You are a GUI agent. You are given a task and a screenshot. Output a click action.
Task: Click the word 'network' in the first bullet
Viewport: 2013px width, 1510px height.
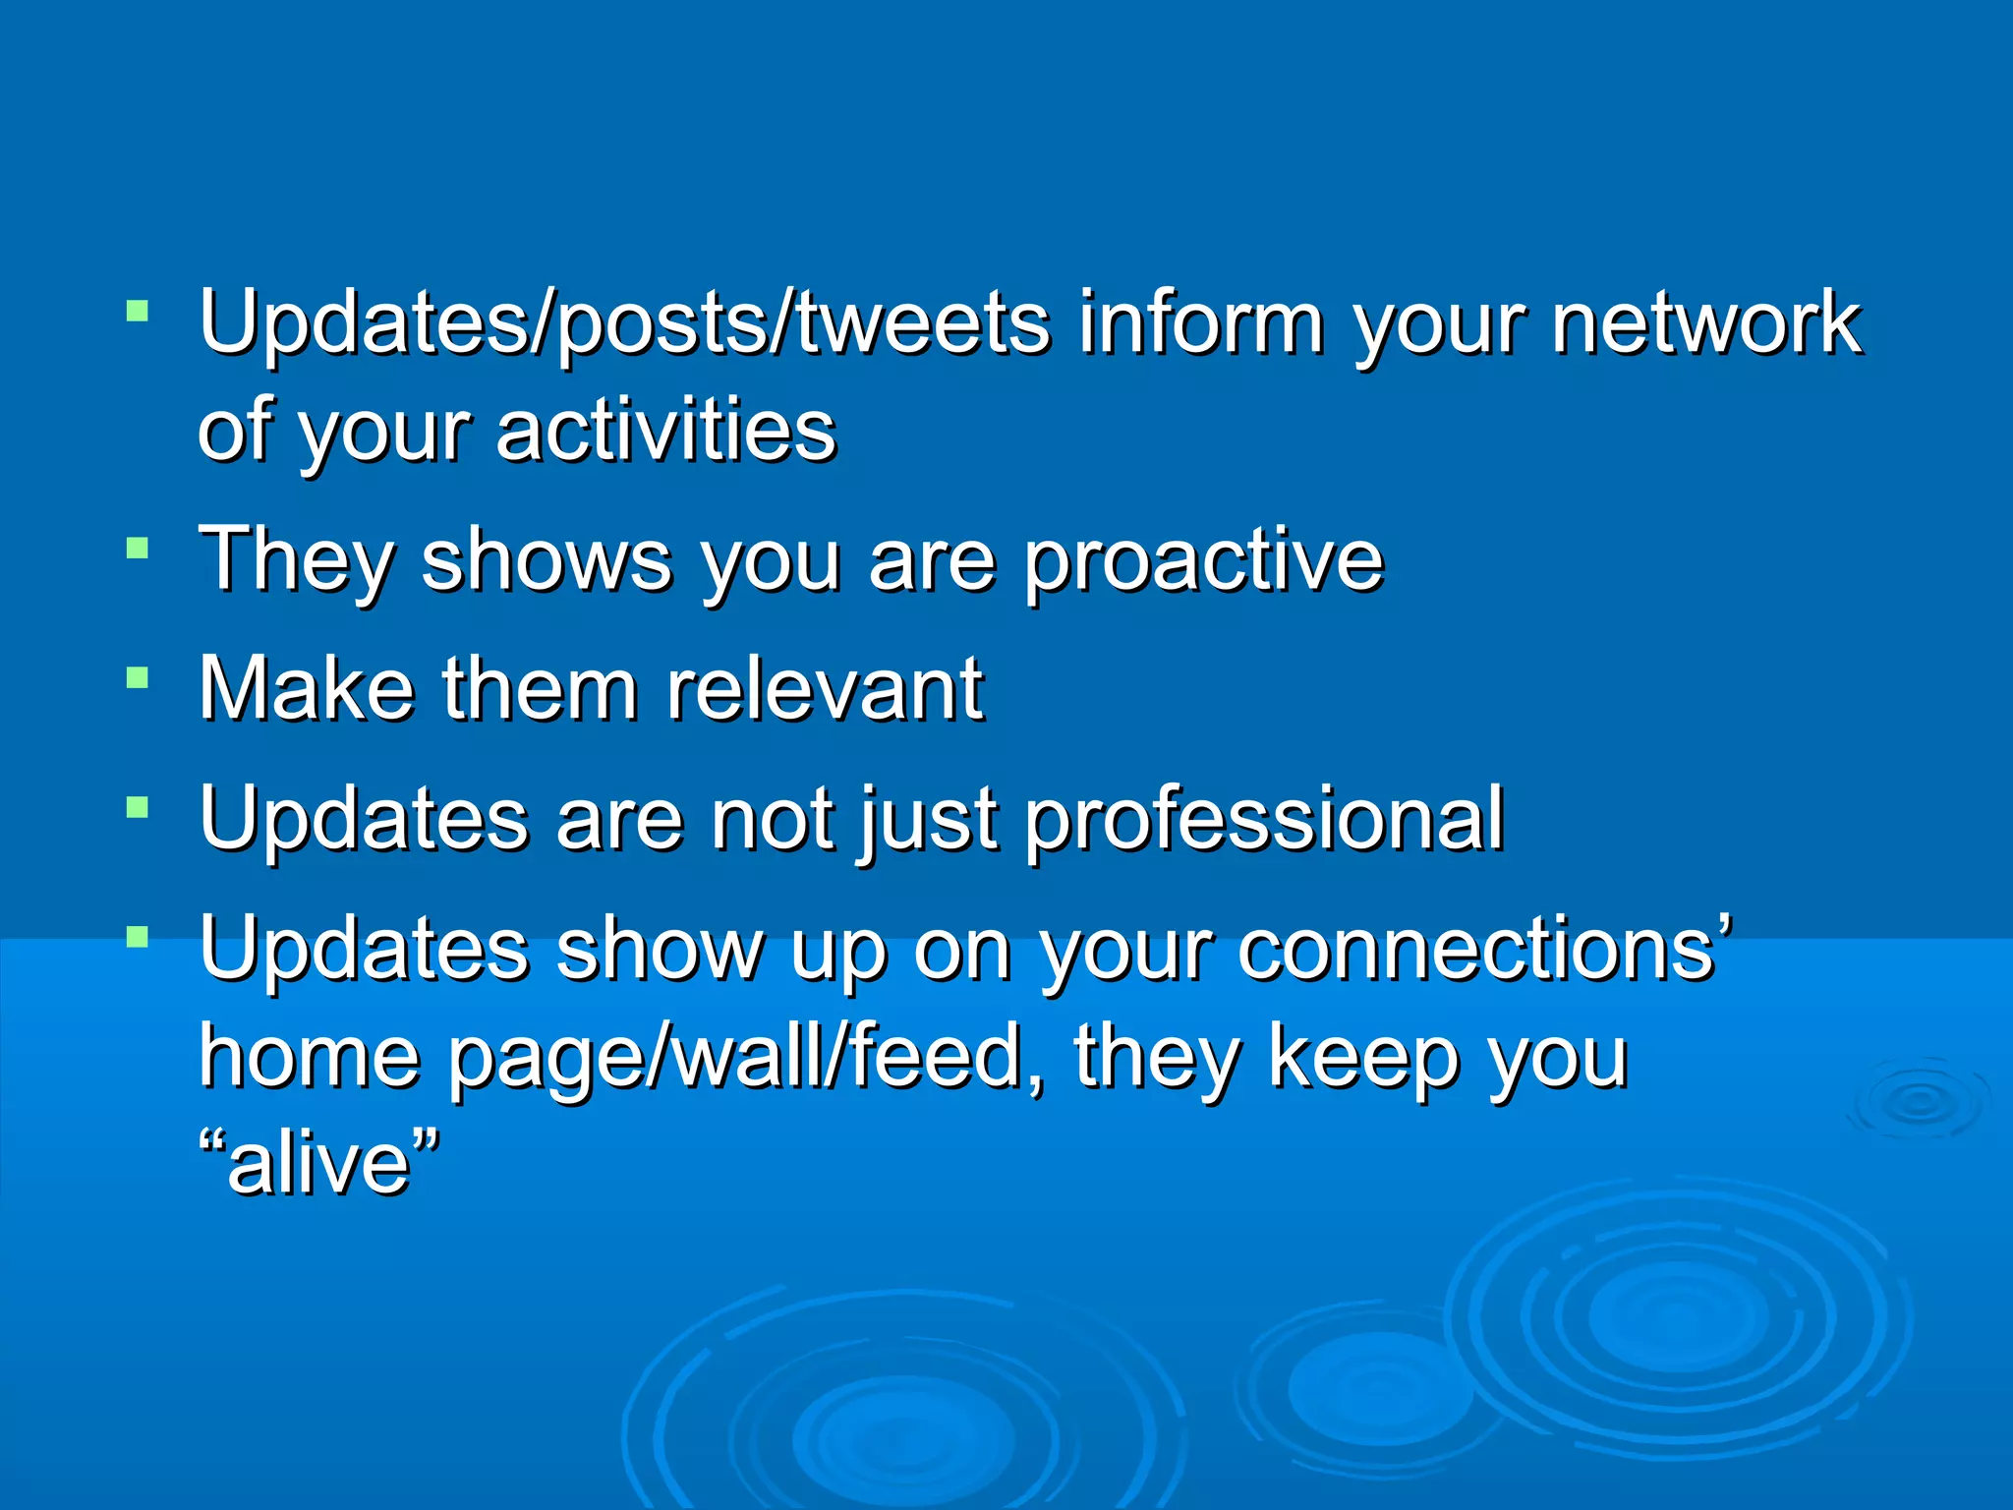[x=1705, y=324]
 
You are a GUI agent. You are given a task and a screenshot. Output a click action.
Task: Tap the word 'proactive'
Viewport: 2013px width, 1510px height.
[x=1204, y=560]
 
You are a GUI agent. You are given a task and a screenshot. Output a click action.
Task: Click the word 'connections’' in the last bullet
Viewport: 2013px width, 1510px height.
[x=1484, y=949]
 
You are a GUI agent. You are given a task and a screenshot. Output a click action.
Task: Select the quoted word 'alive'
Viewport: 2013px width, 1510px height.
[x=317, y=1165]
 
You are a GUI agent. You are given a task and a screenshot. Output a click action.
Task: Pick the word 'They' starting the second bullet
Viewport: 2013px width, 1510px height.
[x=296, y=560]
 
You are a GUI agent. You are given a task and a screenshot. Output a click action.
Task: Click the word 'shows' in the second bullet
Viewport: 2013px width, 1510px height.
[x=546, y=560]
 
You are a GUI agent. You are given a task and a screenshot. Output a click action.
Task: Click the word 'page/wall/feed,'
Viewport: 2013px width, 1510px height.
[x=748, y=1059]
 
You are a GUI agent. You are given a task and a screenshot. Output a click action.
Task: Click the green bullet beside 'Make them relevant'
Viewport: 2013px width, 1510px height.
[x=138, y=677]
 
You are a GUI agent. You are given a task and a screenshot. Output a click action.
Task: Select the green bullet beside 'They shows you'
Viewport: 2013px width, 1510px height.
[x=138, y=548]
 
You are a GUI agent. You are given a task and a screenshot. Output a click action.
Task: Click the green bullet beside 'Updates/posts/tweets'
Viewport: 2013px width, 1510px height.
[x=138, y=313]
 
